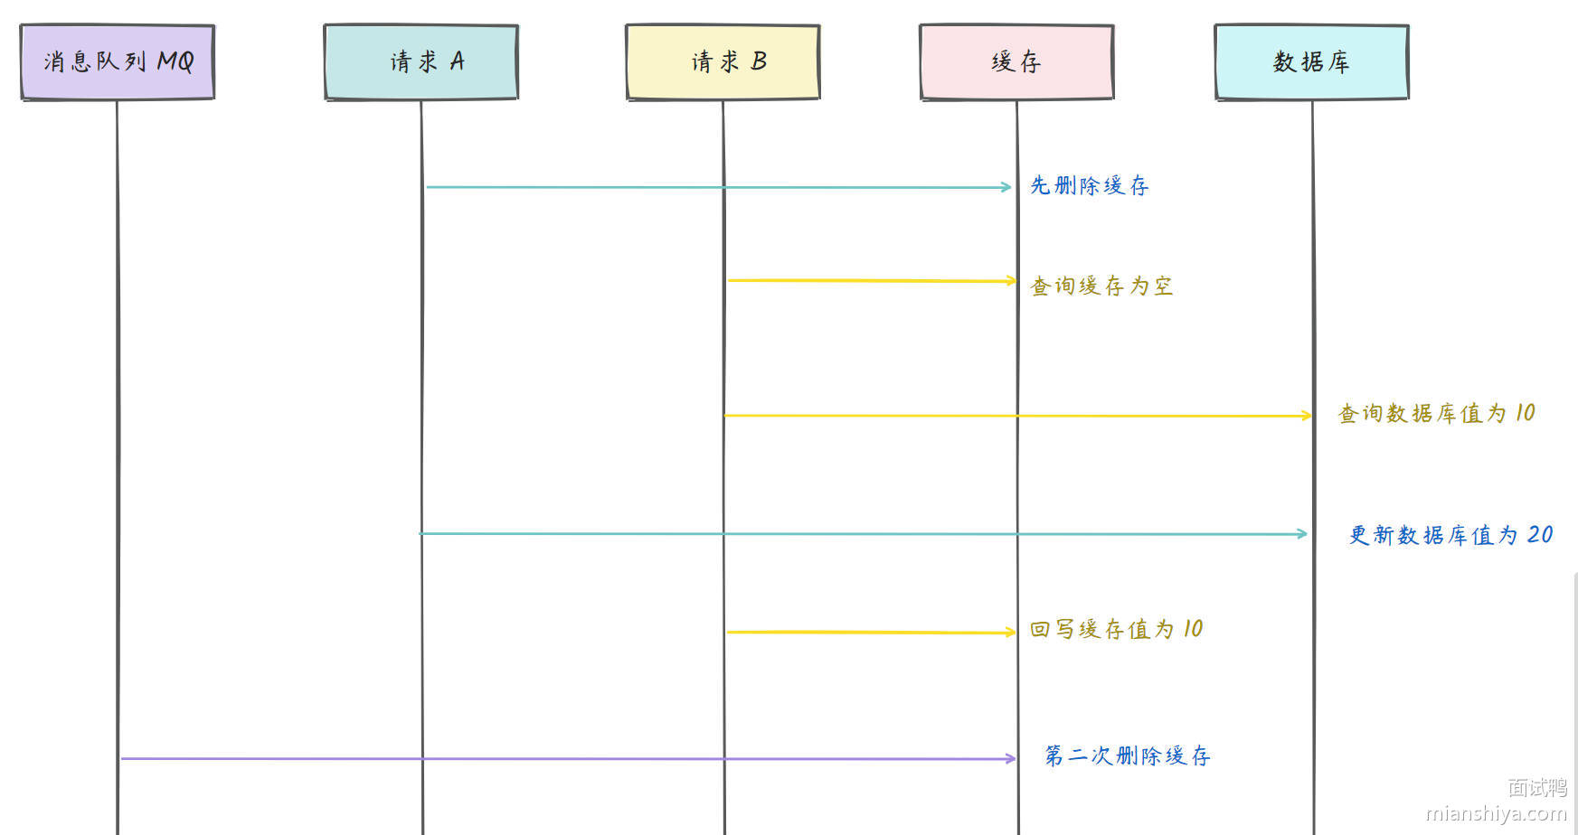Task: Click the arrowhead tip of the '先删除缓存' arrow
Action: (1011, 187)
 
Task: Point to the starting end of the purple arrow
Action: (121, 758)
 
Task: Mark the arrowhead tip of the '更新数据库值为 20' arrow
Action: (1308, 534)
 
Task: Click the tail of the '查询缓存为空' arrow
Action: (729, 280)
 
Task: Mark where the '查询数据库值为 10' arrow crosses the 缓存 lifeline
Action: (1017, 416)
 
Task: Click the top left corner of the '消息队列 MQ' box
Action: (21, 25)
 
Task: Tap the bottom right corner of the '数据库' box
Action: (1408, 98)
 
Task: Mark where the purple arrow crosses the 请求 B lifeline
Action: (723, 759)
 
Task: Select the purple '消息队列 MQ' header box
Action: (118, 61)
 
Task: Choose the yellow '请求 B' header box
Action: (723, 61)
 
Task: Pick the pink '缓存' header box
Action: (1016, 61)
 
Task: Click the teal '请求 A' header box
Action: (421, 61)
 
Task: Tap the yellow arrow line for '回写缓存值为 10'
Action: (872, 633)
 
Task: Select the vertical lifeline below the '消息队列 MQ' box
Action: (118, 466)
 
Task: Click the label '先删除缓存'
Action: (1090, 185)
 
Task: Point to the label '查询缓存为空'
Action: (1101, 286)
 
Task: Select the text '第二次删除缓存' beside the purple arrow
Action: (1127, 755)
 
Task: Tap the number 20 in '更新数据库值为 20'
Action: (1540, 535)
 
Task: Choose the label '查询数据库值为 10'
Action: (1437, 413)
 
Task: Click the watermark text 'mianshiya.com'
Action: (1496, 813)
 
